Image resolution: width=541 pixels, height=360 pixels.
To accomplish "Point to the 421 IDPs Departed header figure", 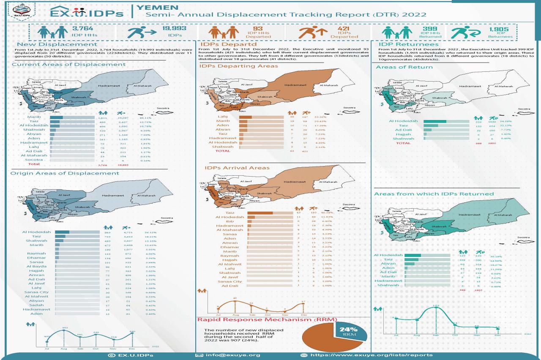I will click(x=339, y=29).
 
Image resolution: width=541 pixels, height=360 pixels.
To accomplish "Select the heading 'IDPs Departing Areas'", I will click(x=238, y=66).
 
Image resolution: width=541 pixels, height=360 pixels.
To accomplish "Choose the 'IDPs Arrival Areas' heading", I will click(x=237, y=168).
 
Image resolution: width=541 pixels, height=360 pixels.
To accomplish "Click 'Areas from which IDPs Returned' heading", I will click(x=434, y=194).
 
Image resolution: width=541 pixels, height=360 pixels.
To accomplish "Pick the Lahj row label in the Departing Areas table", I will click(x=222, y=116).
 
